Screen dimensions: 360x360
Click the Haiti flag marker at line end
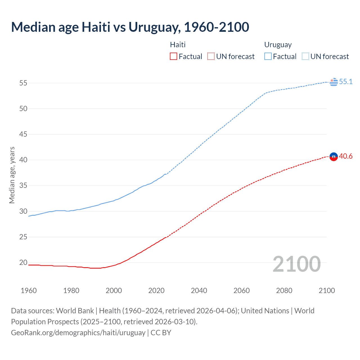pos(334,157)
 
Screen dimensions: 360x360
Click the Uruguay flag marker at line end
pos(334,82)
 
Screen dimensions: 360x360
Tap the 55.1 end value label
pos(346,82)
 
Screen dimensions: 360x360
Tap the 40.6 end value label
pos(346,156)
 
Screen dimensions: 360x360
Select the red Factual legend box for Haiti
pos(174,56)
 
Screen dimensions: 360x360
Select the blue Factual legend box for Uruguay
pos(268,56)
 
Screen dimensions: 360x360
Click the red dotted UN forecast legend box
pos(211,56)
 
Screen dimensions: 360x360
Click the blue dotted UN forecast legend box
pos(305,56)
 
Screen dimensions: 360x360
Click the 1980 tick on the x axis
pos(71,291)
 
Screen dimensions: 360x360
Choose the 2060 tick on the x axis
pos(242,291)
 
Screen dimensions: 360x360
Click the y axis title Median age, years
pos(12,175)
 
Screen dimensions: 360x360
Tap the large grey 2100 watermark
pos(297,264)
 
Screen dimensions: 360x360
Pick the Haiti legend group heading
pos(178,45)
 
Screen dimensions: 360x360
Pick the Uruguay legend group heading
pos(278,45)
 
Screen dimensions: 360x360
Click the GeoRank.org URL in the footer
pos(78,332)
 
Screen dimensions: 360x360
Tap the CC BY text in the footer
pos(161,332)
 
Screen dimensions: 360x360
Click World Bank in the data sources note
pos(75,311)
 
